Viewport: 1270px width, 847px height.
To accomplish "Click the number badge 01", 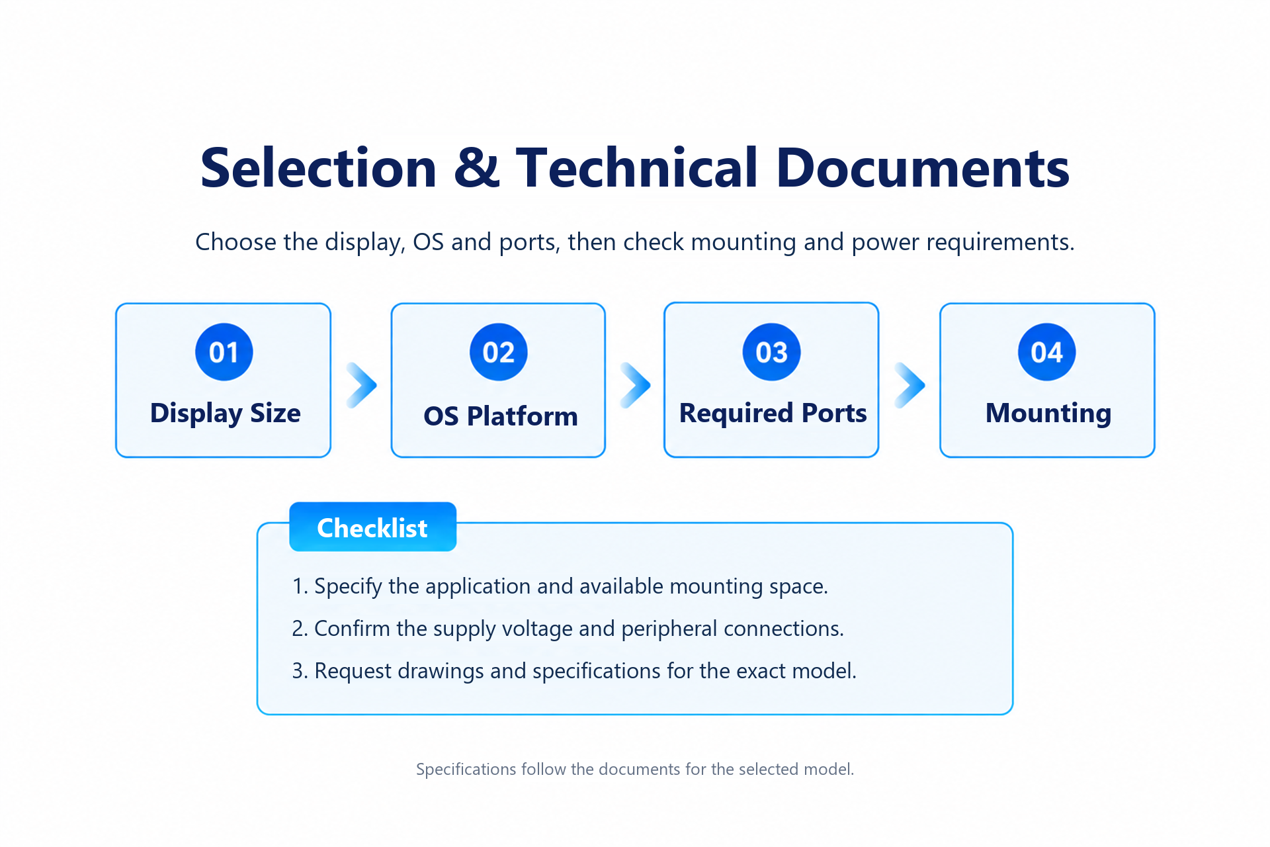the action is pos(224,352).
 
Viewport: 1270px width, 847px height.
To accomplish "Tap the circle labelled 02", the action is pos(499,352).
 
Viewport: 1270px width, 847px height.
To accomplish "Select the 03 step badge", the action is pos(772,352).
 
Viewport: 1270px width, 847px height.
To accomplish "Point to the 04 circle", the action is pos(1047,352).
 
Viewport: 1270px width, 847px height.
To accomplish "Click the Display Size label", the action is pos(226,414).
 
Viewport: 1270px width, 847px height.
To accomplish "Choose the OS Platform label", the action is pos(501,416).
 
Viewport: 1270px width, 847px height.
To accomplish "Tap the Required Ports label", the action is pos(773,414).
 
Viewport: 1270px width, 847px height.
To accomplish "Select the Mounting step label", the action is pos(1048,414).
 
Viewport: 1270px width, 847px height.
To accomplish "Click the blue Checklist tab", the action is pos(373,527).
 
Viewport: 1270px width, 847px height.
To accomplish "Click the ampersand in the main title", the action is pos(476,167).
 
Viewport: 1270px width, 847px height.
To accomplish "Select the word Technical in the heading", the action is pos(636,167).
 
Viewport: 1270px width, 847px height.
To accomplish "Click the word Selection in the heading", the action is pos(318,167).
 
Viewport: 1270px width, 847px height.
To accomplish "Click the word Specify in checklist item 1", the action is pos(348,587).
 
